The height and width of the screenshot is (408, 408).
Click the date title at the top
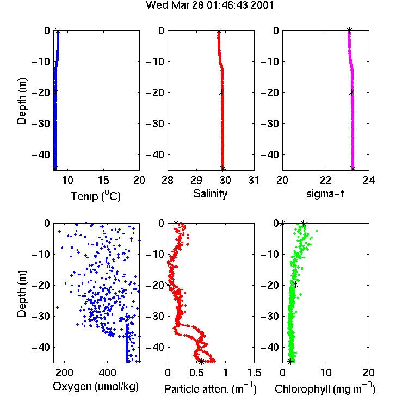210,5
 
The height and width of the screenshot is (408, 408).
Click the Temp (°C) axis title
96,196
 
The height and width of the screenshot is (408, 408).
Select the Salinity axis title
210,194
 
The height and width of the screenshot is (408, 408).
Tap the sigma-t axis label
325,194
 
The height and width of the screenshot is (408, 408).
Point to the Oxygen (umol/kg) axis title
96,387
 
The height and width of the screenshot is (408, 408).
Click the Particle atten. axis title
211,389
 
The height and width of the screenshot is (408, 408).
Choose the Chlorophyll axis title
325,389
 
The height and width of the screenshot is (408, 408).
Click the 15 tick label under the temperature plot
103,180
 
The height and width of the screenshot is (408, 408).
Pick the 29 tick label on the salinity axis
196,180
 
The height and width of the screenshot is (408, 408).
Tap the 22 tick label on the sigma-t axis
325,180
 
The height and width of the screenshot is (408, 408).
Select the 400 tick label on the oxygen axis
107,373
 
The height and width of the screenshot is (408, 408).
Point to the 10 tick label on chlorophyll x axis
325,373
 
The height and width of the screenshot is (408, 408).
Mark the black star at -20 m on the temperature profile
55,92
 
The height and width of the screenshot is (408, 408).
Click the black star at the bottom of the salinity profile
222,169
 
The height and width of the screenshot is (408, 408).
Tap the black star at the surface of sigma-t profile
349,30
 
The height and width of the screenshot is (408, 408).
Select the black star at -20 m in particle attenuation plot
168,285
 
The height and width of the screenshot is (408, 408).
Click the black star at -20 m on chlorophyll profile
295,285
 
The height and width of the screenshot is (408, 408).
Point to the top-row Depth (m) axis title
22,101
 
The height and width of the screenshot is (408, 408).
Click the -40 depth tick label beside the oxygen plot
41,347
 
